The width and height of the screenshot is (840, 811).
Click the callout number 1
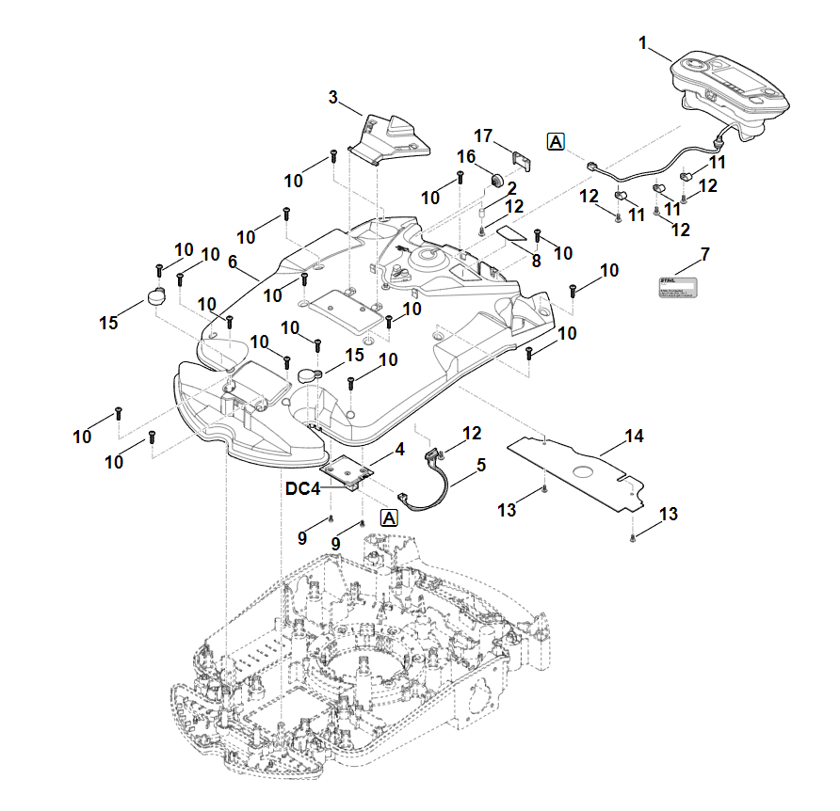643,42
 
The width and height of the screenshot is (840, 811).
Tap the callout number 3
333,97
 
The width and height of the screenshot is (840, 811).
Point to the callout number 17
483,136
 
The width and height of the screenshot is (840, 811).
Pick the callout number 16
467,156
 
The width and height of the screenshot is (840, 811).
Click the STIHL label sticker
676,287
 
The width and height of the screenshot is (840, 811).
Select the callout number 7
704,254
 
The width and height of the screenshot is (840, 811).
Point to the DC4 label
304,489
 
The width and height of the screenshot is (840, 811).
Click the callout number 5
481,465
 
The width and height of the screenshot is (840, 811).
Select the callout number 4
400,451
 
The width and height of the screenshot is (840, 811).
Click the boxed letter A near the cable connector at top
556,142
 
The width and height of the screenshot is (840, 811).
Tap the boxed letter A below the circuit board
389,517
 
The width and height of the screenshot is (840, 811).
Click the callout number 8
536,260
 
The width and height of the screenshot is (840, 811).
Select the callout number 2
512,187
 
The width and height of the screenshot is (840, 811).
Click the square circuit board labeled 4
347,471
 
